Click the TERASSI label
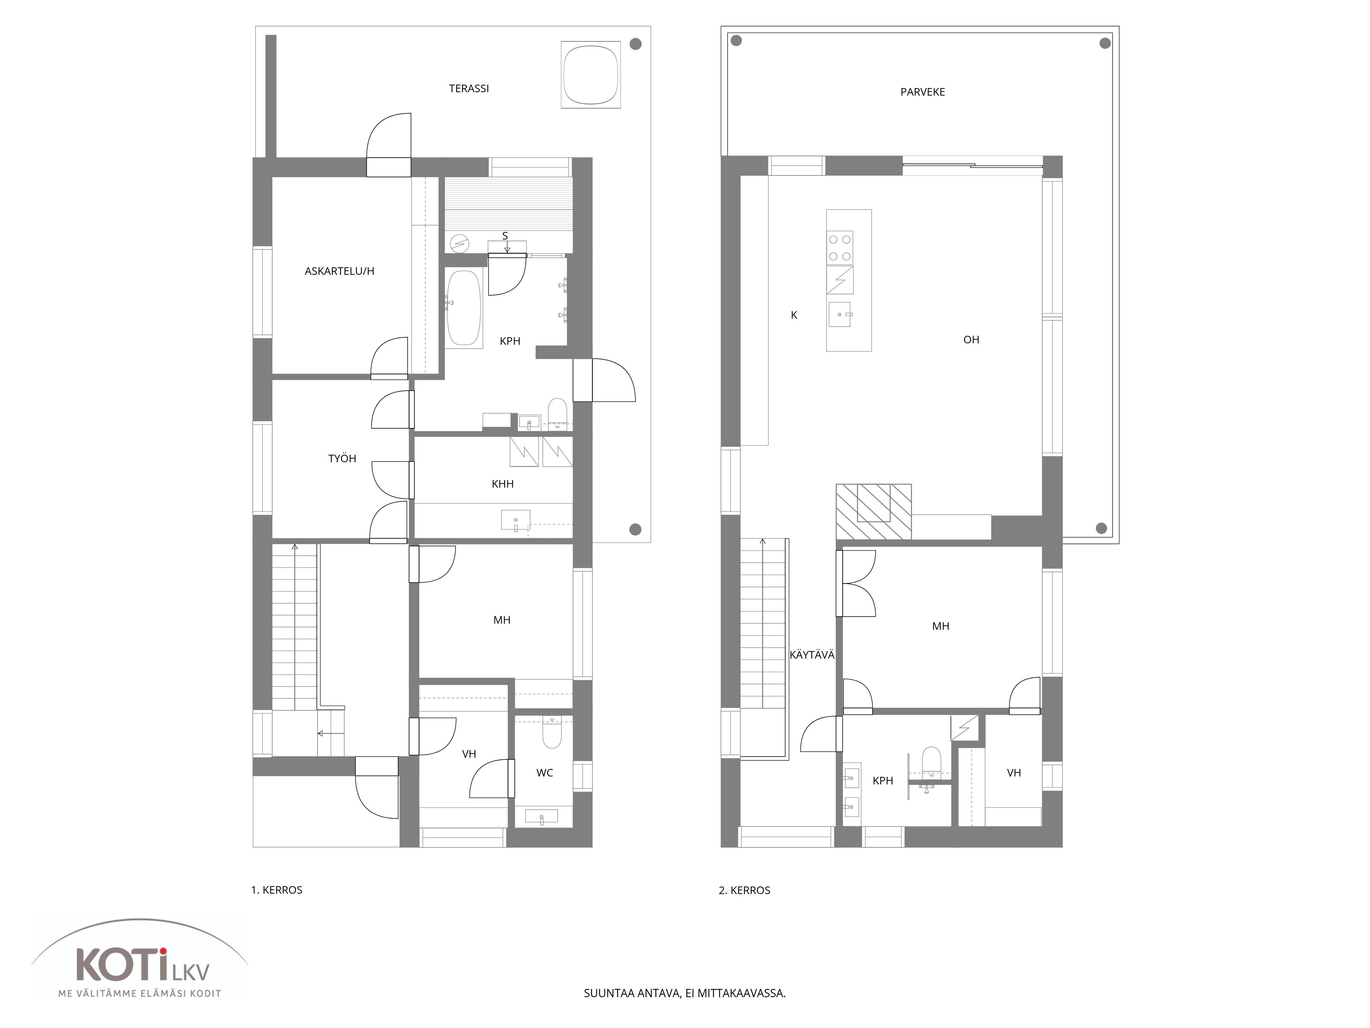[x=469, y=89]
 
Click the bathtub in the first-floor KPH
[x=464, y=308]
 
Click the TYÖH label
[x=342, y=458]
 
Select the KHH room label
[x=502, y=484]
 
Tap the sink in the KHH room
[x=515, y=521]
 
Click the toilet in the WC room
[x=552, y=732]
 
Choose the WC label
[x=545, y=773]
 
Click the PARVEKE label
[x=922, y=92]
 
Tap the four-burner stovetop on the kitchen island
[x=840, y=247]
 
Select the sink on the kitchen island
[x=840, y=314]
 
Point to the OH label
[x=971, y=340]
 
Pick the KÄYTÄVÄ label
[x=812, y=655]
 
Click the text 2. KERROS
[x=745, y=891]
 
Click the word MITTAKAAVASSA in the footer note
[x=742, y=993]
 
